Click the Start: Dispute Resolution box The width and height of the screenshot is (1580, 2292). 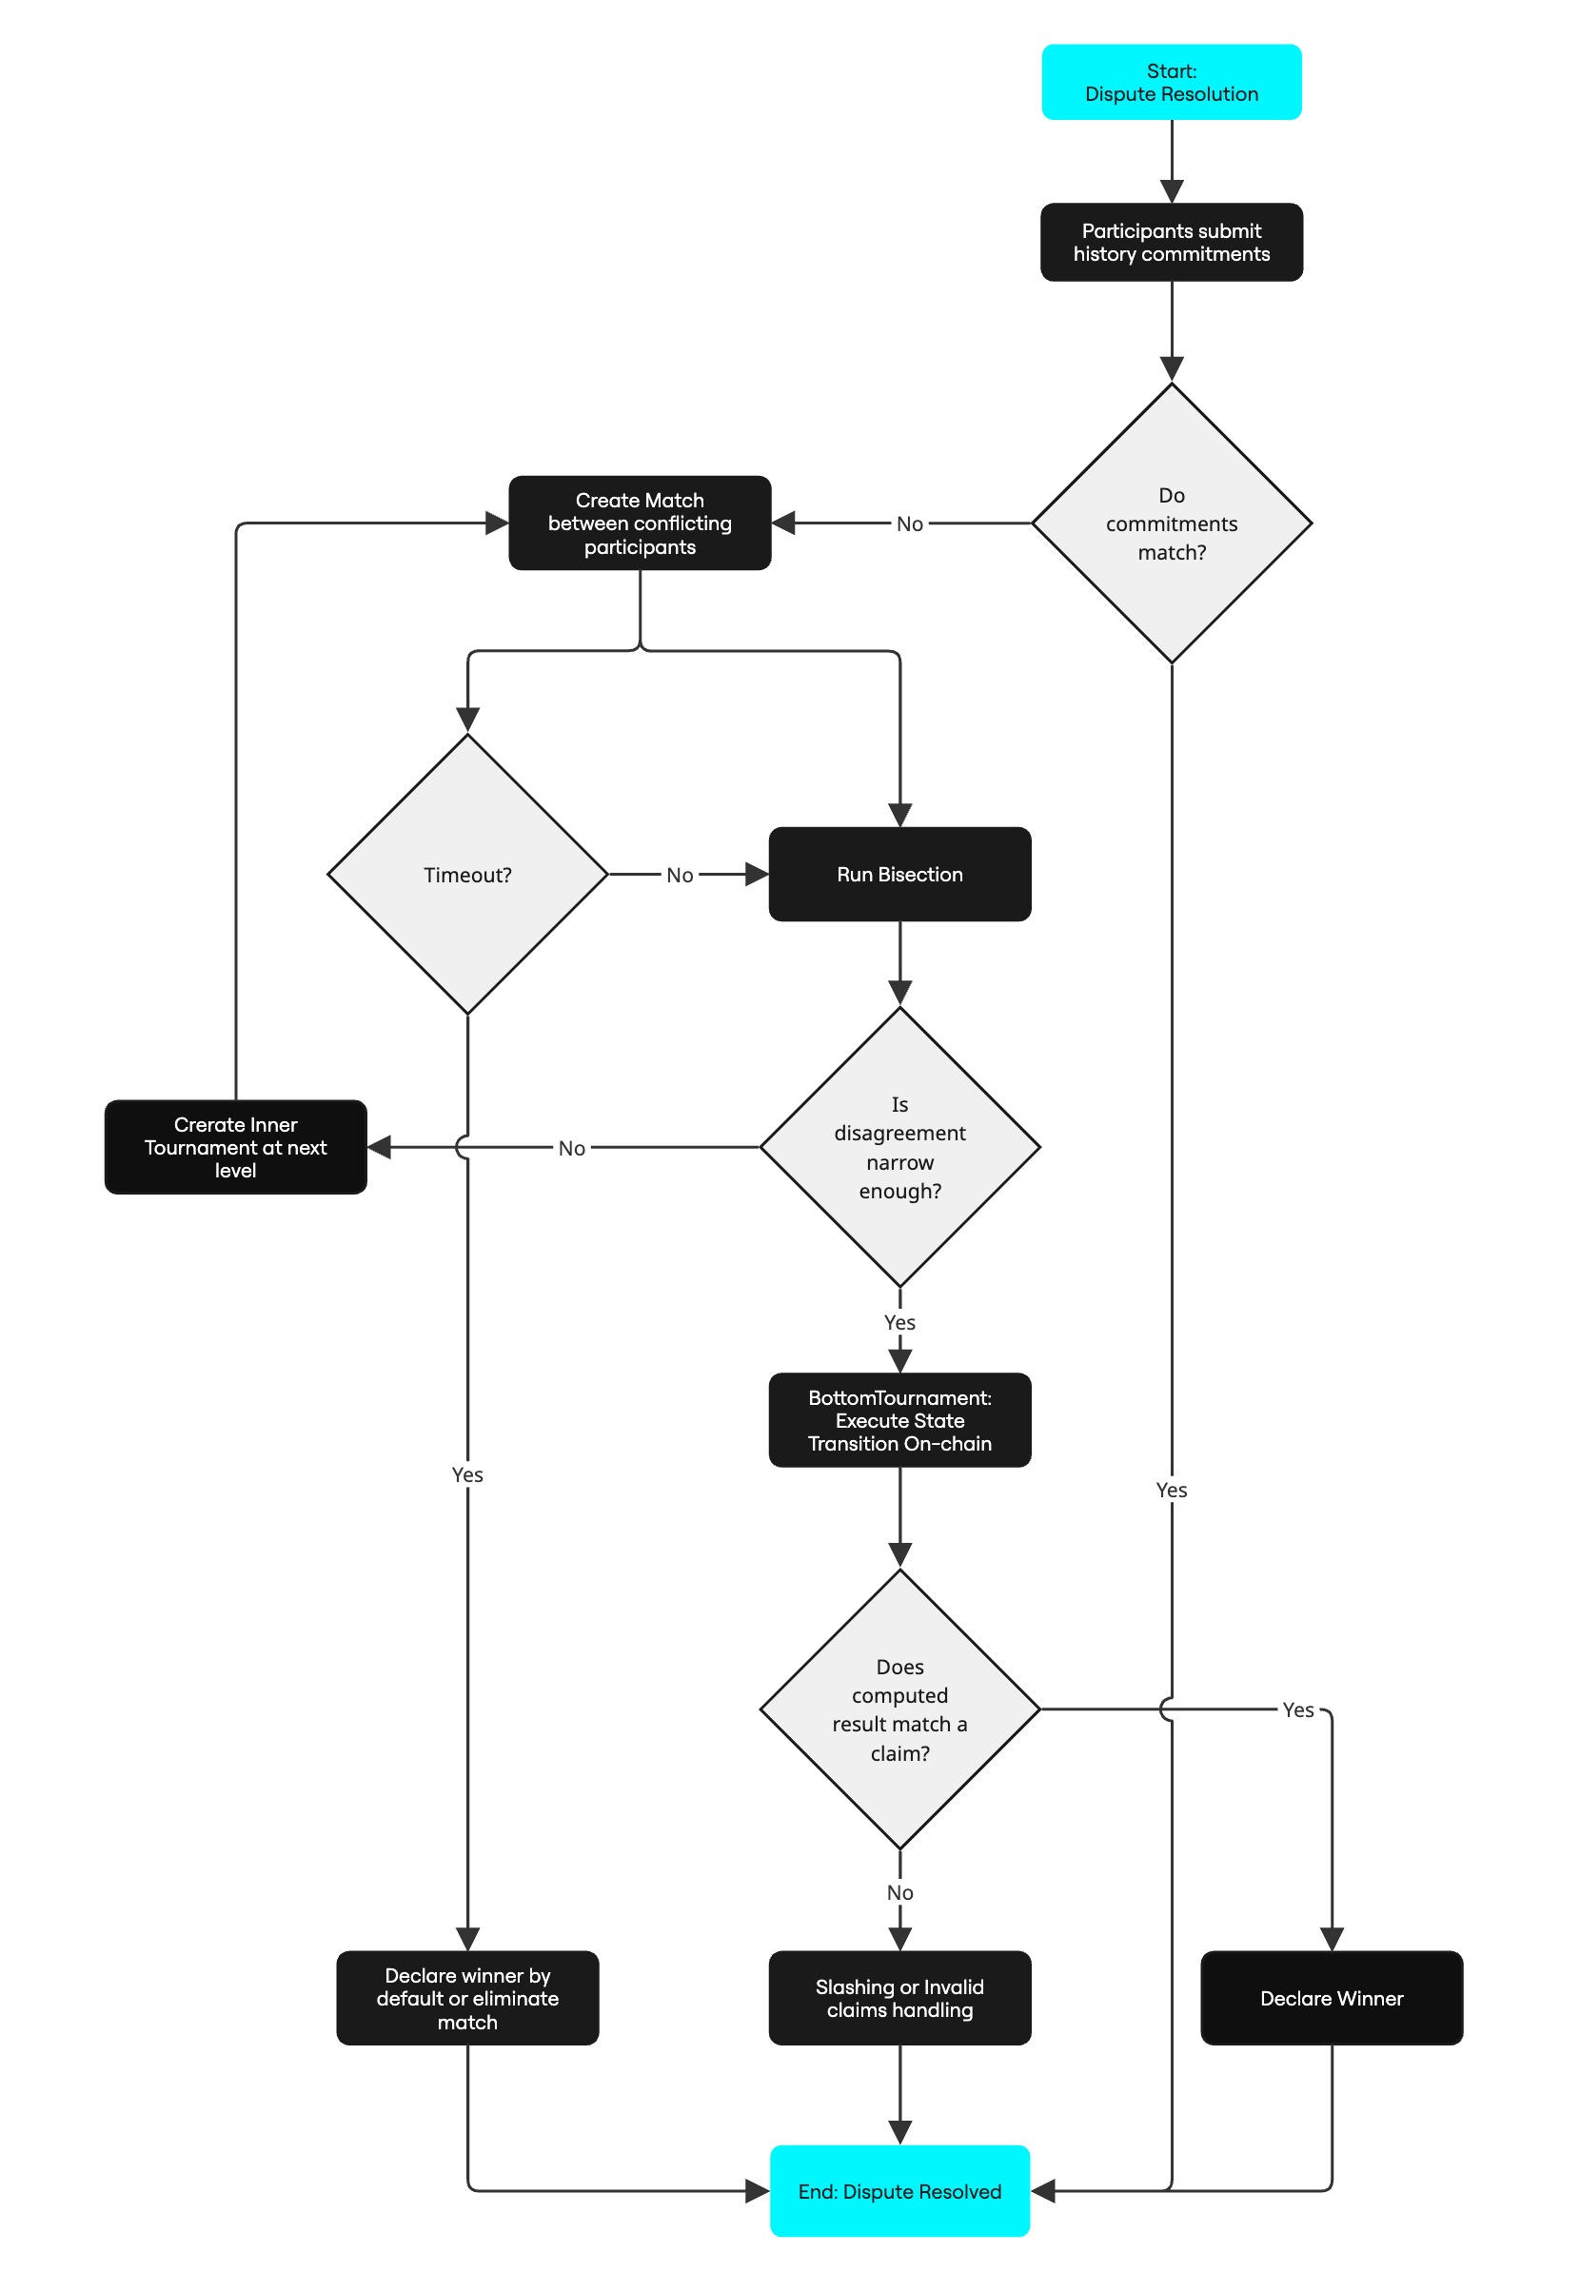coord(1171,82)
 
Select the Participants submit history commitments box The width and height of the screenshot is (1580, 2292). coord(1171,243)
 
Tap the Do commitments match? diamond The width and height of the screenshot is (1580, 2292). coord(1171,523)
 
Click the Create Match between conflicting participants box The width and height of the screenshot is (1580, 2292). coord(640,523)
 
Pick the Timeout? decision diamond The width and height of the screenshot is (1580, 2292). coord(467,874)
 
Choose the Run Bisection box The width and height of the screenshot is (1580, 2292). coord(899,874)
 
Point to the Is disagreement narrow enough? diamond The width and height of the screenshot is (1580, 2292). coord(899,1147)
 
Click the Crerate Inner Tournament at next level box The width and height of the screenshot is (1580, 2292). coord(236,1147)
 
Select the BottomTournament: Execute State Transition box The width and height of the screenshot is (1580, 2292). coord(899,1420)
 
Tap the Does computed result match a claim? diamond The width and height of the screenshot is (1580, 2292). coord(899,1709)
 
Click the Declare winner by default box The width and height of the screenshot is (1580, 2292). coord(467,1998)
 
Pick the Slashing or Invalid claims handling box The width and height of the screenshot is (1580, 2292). coord(899,1998)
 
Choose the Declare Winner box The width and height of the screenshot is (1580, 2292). coord(1332,1998)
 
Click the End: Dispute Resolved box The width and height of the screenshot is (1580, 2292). coord(899,2191)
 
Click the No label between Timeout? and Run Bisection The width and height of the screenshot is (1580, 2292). coord(680,876)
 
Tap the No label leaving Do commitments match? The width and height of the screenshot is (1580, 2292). coord(909,524)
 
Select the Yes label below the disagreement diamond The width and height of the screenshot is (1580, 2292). coord(899,1323)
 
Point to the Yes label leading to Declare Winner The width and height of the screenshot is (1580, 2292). coord(1298,1709)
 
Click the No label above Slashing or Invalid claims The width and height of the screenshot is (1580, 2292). coord(899,1893)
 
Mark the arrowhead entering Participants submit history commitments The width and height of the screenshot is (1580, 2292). coord(1171,192)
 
